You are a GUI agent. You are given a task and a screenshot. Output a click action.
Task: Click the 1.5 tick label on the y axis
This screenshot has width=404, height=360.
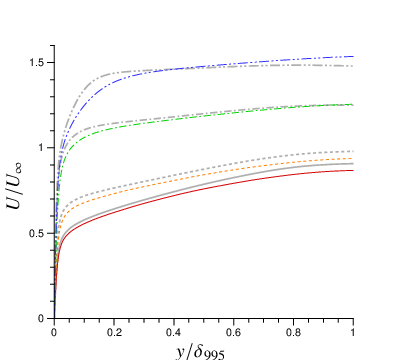click(38, 63)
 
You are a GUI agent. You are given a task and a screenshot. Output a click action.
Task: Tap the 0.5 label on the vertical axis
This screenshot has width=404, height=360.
click(38, 233)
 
